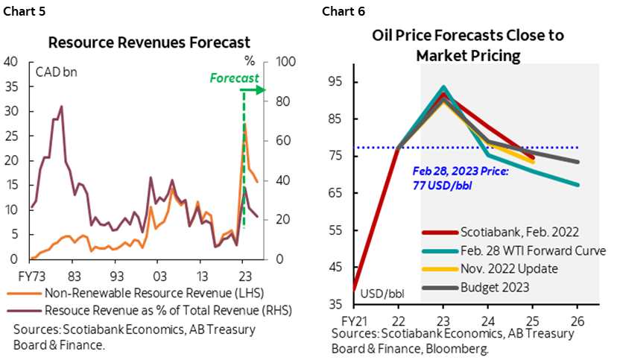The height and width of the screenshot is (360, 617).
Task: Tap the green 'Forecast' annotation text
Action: coord(234,78)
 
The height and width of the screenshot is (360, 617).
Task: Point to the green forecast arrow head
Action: coord(261,90)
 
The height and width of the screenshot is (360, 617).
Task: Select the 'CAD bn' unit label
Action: coord(57,72)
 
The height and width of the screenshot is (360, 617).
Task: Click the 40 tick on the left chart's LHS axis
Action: coord(11,62)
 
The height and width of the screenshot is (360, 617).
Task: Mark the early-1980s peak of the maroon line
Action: coord(61,106)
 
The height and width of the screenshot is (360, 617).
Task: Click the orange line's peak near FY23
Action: coord(245,124)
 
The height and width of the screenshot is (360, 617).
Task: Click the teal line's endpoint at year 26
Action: coord(578,185)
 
